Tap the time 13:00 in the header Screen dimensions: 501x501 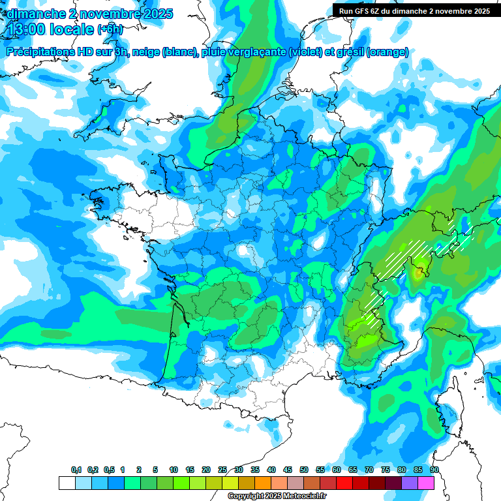[27, 29]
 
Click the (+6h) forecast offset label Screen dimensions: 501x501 [108, 30]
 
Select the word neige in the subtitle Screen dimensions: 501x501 [146, 52]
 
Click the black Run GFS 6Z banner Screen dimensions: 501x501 [415, 11]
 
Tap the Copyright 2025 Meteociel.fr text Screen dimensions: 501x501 [277, 496]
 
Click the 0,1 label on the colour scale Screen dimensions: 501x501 [76, 470]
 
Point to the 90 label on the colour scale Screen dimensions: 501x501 [434, 470]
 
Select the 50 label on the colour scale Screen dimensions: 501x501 [304, 470]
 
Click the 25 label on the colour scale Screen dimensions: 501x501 [222, 470]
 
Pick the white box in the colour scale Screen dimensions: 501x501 [67, 483]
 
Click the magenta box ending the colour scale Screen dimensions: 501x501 [427, 483]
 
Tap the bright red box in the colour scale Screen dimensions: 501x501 [344, 483]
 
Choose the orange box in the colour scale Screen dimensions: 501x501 [263, 483]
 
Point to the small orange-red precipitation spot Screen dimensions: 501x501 [417, 274]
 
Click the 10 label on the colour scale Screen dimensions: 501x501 [174, 470]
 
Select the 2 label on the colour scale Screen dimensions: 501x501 [139, 470]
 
